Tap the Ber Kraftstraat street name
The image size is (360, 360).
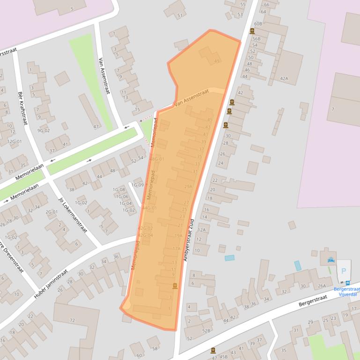coord(22,108)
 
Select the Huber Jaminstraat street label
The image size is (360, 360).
coord(51,283)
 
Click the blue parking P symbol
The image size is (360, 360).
coord(344,271)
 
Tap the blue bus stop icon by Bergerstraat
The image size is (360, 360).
coord(347,282)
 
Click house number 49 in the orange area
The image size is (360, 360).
coord(217,61)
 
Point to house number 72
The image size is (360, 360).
coord(72,320)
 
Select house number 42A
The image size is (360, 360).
coord(284,79)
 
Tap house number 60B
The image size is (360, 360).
coord(258,23)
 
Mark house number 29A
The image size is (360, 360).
coord(188,187)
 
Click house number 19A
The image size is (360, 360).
coord(178,235)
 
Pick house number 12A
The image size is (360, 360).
coord(202,230)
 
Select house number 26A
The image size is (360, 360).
coord(322,286)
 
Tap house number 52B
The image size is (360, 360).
coord(206,331)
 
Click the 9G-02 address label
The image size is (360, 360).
coord(44,131)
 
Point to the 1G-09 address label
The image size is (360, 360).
coord(137,185)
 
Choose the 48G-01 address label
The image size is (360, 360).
coord(157,159)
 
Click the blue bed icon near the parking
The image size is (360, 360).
coord(331,259)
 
